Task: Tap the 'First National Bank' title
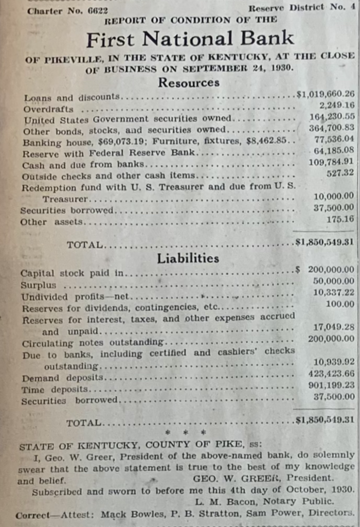[x=190, y=39]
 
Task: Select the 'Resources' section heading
[x=189, y=82]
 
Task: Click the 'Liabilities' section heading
[x=188, y=258]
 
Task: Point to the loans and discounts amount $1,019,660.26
[x=326, y=94]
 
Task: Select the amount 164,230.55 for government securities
[x=332, y=117]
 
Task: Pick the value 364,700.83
[x=332, y=128]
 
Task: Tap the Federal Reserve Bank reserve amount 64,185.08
[x=334, y=151]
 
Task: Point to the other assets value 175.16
[x=341, y=219]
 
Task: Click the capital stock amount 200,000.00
[x=331, y=269]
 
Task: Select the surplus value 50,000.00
[x=334, y=281]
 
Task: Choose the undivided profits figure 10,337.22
[x=334, y=292]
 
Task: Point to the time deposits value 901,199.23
[x=332, y=385]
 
